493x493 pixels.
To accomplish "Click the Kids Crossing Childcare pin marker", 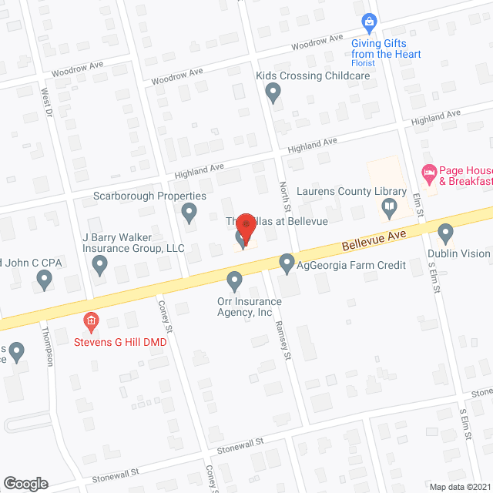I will tap(272, 93).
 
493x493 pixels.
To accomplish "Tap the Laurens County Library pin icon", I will tap(390, 206).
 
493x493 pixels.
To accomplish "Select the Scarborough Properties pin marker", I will tap(189, 213).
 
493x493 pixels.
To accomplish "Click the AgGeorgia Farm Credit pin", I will tap(287, 263).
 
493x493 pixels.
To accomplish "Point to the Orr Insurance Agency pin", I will tap(235, 280).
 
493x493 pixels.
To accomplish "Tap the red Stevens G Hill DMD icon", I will tap(91, 320).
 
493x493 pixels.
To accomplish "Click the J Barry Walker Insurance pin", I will tap(99, 266).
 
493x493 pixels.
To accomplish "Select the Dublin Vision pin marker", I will tap(445, 232).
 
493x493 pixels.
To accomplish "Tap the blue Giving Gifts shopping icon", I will tap(369, 21).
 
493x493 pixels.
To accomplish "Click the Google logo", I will tap(25, 483).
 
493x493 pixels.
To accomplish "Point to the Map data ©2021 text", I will tap(459, 487).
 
